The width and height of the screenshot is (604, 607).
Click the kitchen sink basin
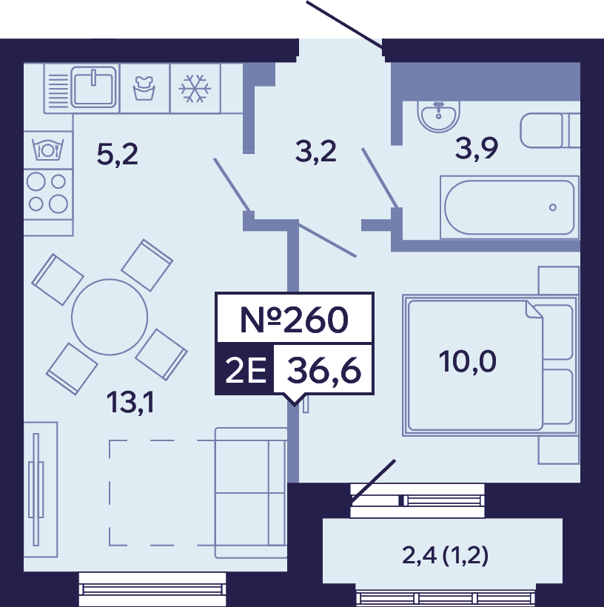tap(93, 87)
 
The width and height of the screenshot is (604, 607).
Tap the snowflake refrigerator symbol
tap(195, 89)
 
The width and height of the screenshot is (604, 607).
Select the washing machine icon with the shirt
tap(144, 88)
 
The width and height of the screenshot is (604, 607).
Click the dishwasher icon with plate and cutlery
tap(48, 150)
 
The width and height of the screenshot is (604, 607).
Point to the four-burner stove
tap(47, 193)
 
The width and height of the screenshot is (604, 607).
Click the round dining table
tap(110, 317)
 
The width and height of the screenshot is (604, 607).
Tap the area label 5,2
tap(117, 155)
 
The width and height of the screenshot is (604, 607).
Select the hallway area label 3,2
tap(315, 151)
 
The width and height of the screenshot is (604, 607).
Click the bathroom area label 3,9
tap(476, 148)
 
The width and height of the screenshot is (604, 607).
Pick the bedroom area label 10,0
tap(467, 361)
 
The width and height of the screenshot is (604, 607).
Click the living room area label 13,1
tap(130, 402)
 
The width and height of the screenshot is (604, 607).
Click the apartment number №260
tap(295, 320)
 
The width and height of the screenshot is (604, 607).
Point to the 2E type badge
tap(246, 370)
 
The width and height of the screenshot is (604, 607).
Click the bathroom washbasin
tap(439, 115)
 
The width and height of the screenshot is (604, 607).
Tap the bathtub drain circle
tap(553, 207)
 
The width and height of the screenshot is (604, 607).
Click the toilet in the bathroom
tap(550, 130)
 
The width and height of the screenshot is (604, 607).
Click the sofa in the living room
tap(251, 493)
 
